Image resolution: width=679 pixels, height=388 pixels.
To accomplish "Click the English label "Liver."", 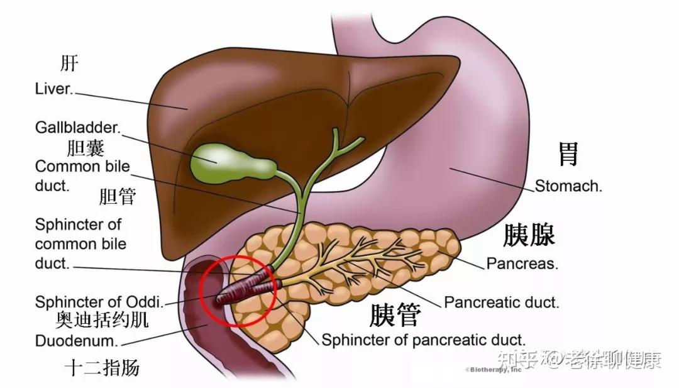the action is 54,89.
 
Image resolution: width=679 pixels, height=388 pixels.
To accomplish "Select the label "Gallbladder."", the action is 77,128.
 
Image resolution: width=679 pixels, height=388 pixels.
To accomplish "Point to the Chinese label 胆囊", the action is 86,148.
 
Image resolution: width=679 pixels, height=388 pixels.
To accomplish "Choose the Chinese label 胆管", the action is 118,196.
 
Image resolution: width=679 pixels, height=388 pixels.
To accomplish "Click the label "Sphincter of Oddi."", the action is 99,302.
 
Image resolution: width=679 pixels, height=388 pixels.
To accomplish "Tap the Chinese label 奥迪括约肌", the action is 102,321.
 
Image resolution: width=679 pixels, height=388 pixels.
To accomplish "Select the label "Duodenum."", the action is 77,341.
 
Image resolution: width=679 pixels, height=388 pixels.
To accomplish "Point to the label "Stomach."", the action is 568,186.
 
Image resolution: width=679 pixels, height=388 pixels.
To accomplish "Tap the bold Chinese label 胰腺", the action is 529,236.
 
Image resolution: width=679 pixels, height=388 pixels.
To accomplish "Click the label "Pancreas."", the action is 522,263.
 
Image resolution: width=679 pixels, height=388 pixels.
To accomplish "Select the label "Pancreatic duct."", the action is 501,302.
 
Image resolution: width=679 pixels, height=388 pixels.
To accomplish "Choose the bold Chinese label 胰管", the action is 394,315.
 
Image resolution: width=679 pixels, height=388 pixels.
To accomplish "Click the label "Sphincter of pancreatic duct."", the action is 423,340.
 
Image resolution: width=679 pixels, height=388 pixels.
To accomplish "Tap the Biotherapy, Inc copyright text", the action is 494,370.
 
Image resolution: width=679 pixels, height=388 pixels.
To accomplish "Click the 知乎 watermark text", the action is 512,360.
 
